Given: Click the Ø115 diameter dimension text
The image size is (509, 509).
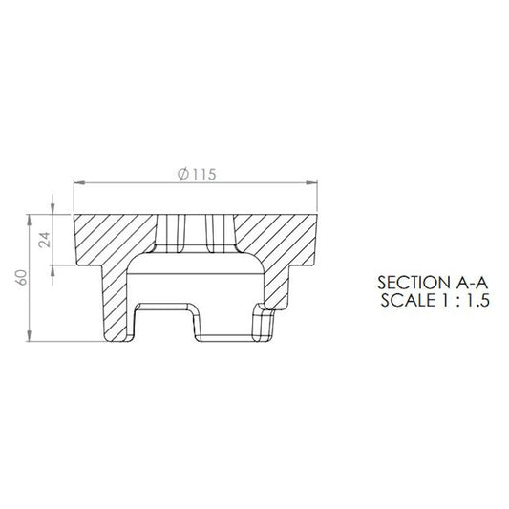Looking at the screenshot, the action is (x=197, y=175).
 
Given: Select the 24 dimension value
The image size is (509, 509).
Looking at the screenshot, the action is (x=45, y=240).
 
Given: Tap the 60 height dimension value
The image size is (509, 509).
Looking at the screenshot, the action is (x=22, y=278).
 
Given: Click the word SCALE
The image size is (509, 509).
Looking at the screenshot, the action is (x=408, y=300).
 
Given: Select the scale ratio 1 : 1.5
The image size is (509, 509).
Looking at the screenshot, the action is (x=466, y=300).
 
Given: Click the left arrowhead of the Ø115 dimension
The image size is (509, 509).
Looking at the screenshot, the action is (x=79, y=183).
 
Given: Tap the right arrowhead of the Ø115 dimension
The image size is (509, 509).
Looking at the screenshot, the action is (x=311, y=183).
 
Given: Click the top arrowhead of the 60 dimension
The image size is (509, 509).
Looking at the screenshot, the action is (x=30, y=220).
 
